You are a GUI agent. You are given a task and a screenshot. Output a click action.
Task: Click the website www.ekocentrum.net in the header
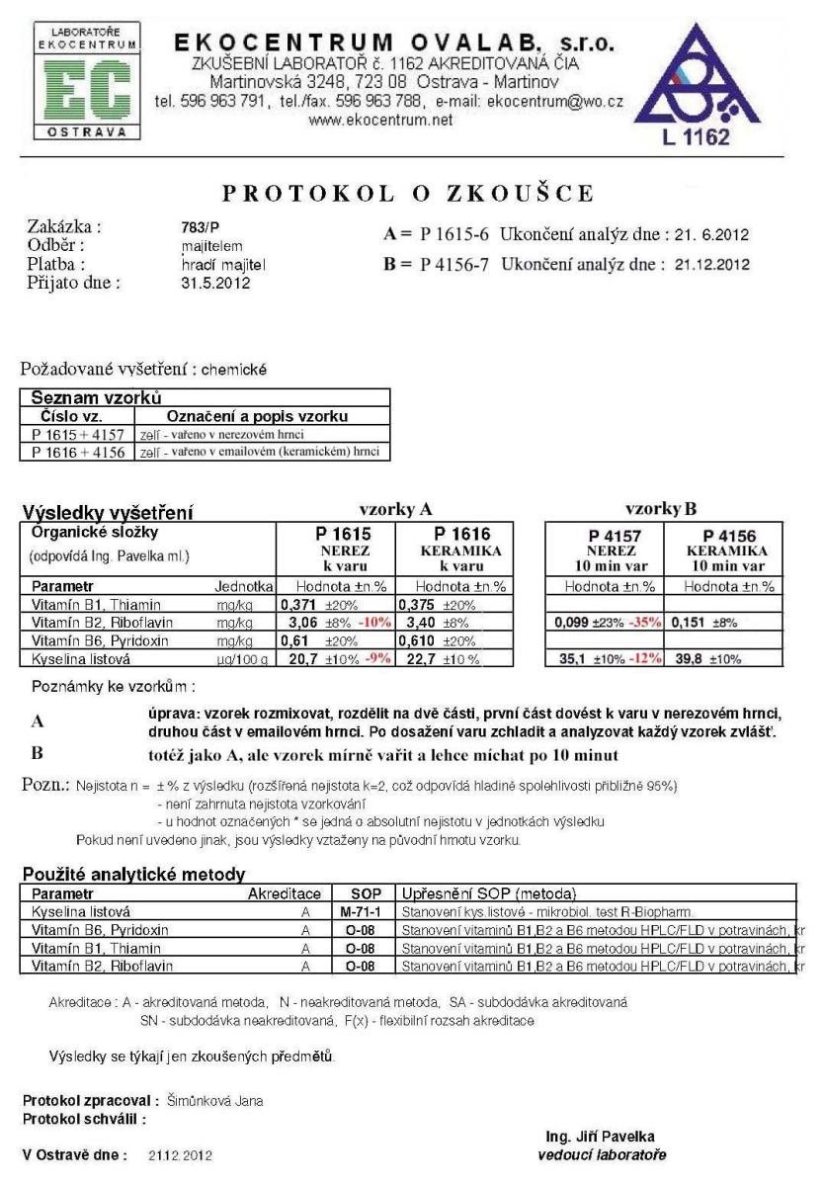coord(381,120)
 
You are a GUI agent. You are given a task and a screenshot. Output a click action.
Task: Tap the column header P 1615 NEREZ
coord(338,542)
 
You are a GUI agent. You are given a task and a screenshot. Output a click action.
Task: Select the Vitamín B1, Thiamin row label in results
coord(91,604)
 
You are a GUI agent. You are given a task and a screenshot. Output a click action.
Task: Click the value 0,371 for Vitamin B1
coord(301,604)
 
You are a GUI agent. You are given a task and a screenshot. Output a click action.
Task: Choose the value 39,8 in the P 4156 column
coord(688,657)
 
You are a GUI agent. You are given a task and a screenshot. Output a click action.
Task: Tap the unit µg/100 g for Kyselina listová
coord(242,657)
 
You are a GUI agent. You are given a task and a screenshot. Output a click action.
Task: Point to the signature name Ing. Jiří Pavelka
coord(599,1137)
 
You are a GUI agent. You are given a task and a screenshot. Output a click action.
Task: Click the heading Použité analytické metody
coord(133,874)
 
